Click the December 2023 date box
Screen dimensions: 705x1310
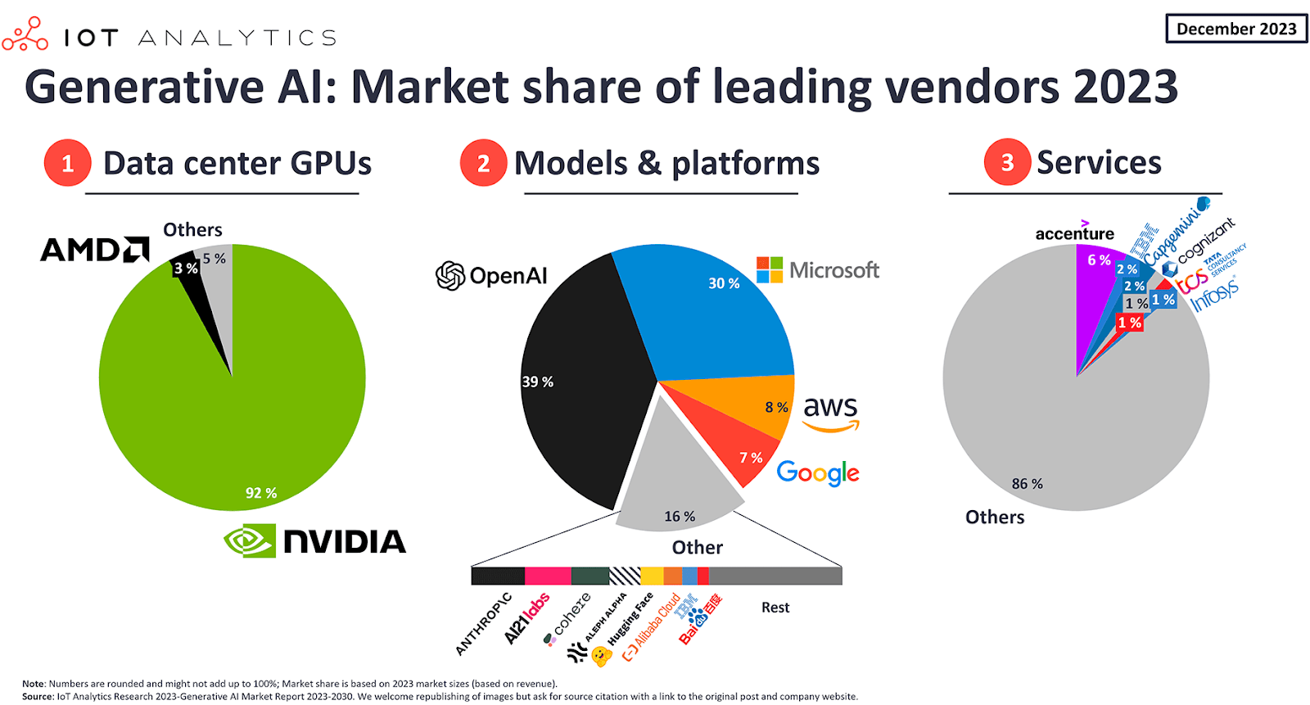coord(1236,29)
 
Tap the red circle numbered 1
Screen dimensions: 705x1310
coord(67,163)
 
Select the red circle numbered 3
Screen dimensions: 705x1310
coord(1007,162)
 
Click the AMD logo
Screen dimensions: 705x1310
coord(95,249)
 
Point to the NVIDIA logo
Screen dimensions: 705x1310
coord(315,541)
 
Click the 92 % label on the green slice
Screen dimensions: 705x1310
coord(261,493)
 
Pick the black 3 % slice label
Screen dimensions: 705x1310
coord(186,268)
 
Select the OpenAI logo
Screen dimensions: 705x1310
coord(491,276)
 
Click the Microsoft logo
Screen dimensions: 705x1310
coord(818,269)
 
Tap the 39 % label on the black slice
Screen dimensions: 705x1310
coord(538,382)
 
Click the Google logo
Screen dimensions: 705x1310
coord(818,472)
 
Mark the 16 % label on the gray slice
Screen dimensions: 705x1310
coord(680,516)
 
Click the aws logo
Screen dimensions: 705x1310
coord(831,412)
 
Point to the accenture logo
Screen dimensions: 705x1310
coord(1074,233)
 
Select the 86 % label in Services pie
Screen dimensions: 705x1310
coord(1027,484)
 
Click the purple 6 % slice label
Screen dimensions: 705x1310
coord(1099,260)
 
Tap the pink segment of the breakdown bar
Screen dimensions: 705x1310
coord(548,576)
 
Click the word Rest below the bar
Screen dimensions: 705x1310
coord(775,608)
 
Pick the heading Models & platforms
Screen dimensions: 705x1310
coord(666,163)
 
